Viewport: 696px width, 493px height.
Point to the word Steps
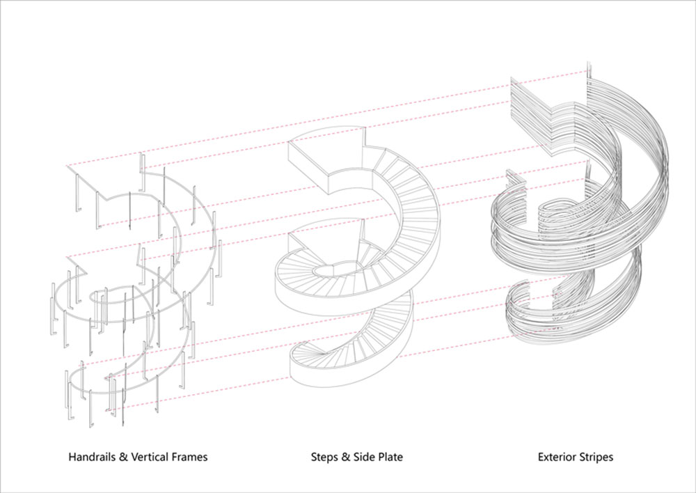tap(324, 457)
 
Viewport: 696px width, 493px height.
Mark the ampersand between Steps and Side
tap(345, 457)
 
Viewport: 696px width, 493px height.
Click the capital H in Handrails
tap(72, 457)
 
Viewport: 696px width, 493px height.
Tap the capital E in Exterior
tap(541, 457)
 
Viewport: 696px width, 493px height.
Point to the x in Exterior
tap(547, 458)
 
